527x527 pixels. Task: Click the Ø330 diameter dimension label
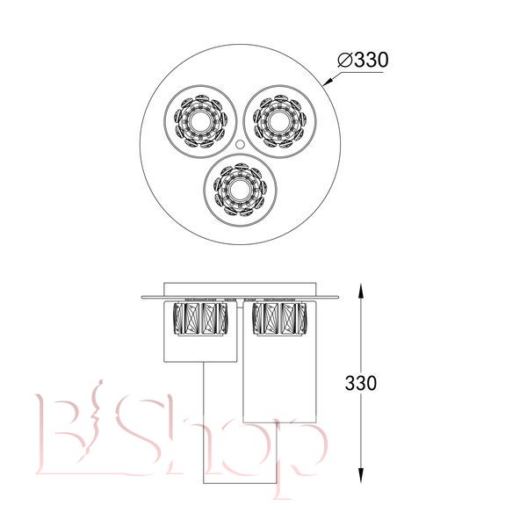(363, 60)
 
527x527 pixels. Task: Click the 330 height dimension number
(361, 383)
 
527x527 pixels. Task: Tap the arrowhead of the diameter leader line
(328, 82)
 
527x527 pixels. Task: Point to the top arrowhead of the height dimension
(361, 291)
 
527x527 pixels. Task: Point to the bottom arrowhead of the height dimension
(361, 476)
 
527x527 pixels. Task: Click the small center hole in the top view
(240, 145)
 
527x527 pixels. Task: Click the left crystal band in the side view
(200, 319)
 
